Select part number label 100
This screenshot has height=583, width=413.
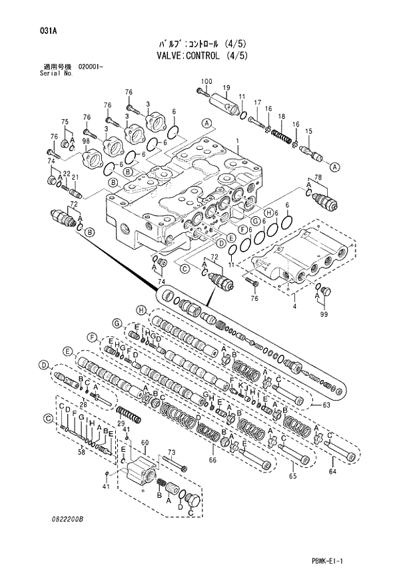click(x=206, y=81)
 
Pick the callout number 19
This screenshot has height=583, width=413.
click(x=226, y=88)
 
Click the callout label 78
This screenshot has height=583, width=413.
click(x=318, y=177)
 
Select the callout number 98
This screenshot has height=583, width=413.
click(x=87, y=141)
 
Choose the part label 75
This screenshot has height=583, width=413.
click(x=65, y=122)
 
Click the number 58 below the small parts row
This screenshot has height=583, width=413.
click(x=81, y=452)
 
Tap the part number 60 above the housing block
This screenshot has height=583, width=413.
click(x=144, y=443)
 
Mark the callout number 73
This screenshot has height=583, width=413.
click(x=171, y=452)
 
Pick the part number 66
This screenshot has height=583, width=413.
click(x=213, y=459)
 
